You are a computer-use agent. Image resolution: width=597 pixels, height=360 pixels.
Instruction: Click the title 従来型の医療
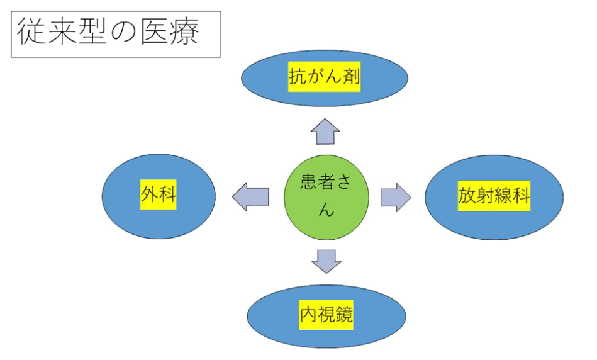[108, 32]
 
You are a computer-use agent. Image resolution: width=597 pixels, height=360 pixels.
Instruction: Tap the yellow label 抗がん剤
[325, 77]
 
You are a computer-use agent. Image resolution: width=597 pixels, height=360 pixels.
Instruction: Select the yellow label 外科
[159, 194]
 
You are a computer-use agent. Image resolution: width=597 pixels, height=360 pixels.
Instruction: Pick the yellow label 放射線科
[494, 196]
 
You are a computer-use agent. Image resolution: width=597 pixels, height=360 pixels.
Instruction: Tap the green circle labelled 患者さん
[326, 198]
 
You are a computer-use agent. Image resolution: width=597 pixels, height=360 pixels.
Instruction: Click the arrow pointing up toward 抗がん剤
[325, 132]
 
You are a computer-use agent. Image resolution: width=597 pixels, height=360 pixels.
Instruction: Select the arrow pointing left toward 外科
[250, 197]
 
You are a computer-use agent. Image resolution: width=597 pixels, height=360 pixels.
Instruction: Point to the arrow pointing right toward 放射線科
[396, 198]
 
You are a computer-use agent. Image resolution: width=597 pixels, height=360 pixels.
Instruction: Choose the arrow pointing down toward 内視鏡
[326, 261]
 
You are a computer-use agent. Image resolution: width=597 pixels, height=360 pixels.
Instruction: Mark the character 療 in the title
[185, 32]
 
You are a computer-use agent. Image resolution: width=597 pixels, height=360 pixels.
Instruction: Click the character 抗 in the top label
[298, 77]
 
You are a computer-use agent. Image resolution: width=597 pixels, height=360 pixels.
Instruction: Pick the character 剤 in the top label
[351, 77]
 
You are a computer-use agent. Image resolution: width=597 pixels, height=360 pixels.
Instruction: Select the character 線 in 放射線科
[503, 196]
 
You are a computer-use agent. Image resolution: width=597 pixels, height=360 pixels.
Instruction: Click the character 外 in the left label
[150, 194]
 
